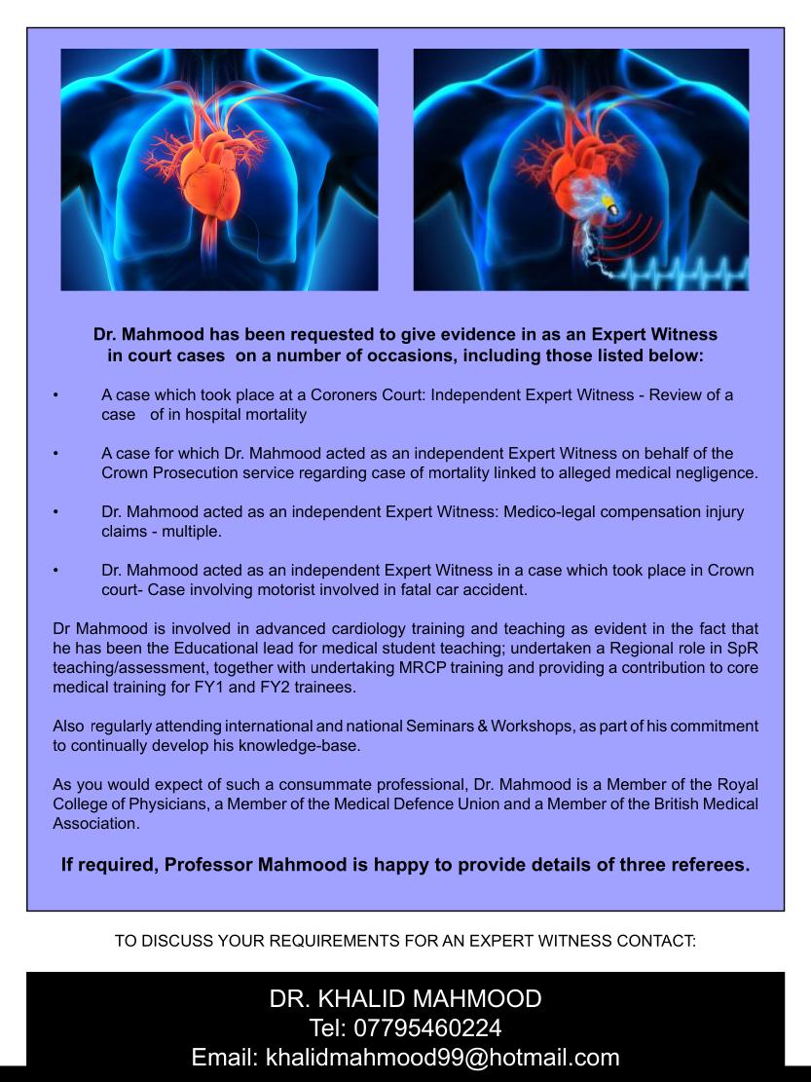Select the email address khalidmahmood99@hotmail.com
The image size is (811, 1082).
(442, 1058)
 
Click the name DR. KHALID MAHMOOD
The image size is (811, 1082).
(405, 998)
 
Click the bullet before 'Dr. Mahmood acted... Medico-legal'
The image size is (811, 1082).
(57, 512)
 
